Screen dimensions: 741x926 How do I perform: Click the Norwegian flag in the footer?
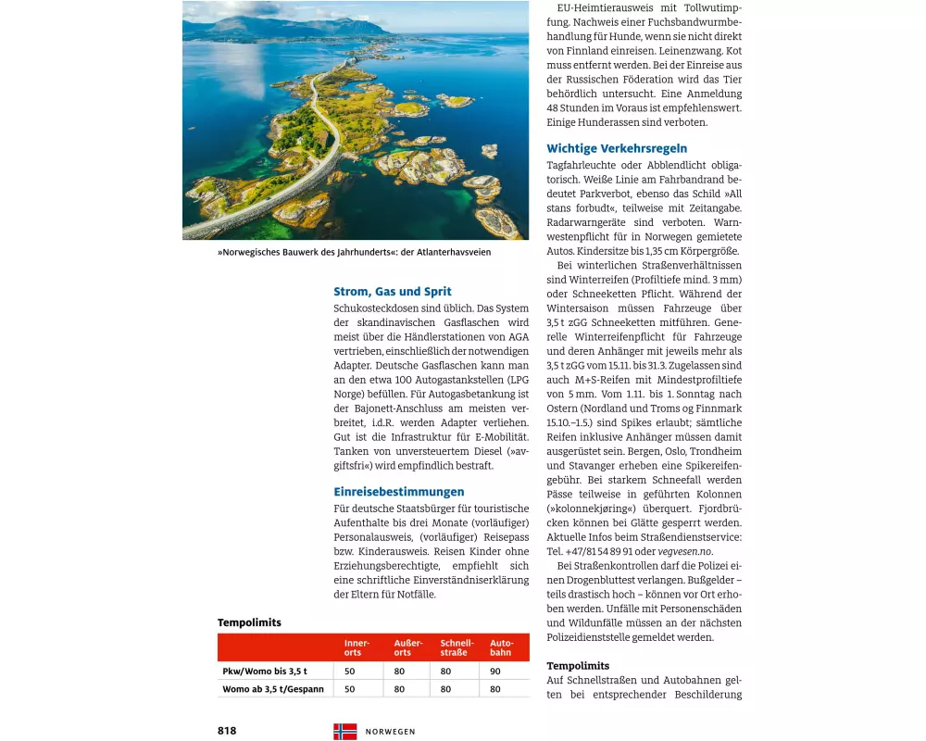tap(344, 731)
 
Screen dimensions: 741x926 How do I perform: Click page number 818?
tap(227, 731)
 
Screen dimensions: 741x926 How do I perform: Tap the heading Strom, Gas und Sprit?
tap(393, 292)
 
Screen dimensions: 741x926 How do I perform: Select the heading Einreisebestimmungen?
tap(399, 492)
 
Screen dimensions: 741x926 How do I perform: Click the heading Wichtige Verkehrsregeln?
tap(617, 148)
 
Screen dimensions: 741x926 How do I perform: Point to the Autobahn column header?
tap(502, 647)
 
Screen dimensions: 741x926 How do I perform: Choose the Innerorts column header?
tap(357, 647)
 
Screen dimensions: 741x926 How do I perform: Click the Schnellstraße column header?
tap(457, 647)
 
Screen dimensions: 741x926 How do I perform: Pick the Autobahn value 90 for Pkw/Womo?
tap(495, 671)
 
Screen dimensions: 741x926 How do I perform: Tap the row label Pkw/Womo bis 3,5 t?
tap(265, 671)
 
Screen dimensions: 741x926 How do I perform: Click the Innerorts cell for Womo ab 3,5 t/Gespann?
tap(350, 689)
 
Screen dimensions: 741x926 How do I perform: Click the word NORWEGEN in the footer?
tap(391, 732)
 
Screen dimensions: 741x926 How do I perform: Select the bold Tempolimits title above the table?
tap(249, 622)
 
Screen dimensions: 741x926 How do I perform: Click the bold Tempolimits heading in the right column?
tap(578, 666)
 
